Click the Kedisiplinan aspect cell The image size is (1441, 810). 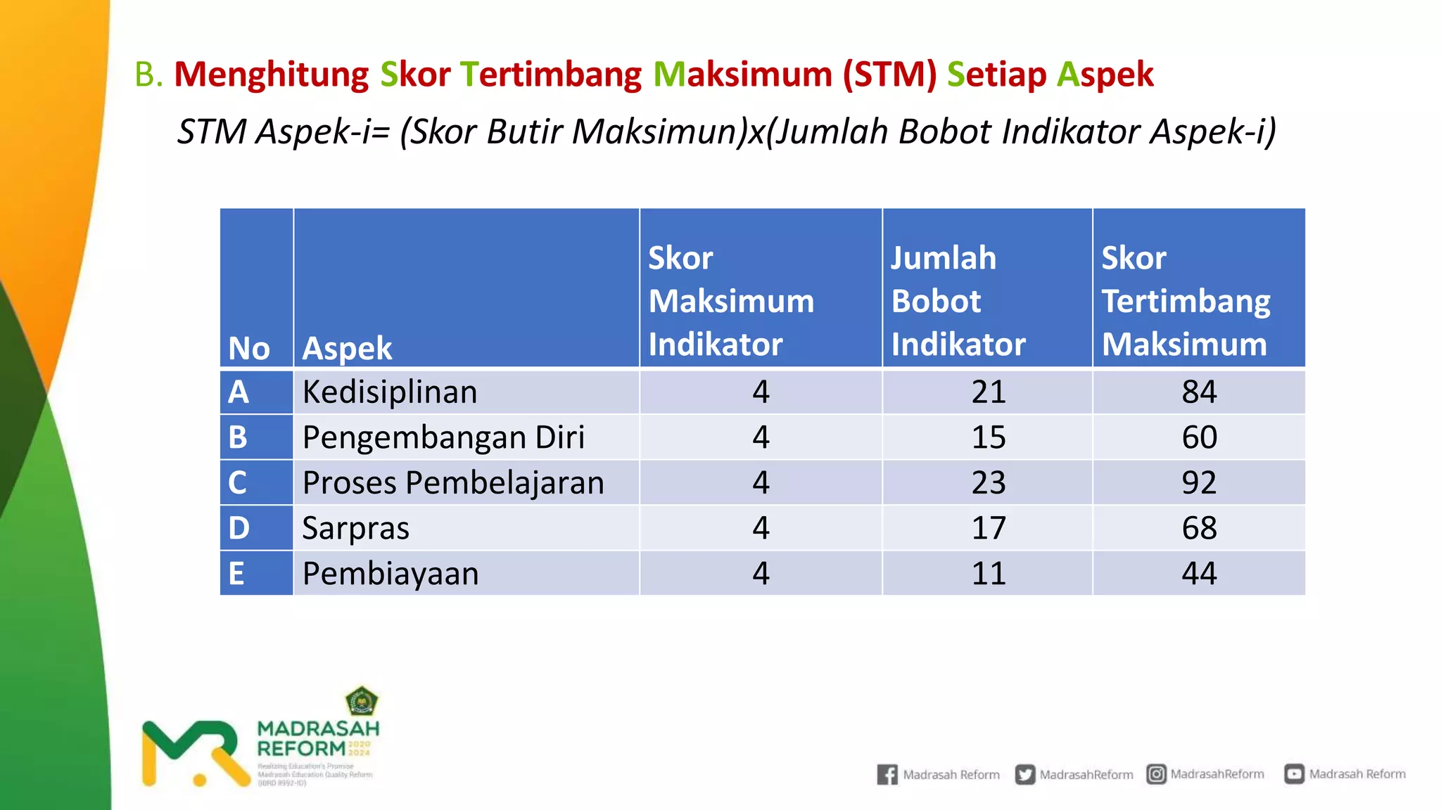click(x=390, y=392)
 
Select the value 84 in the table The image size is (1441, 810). click(x=1199, y=392)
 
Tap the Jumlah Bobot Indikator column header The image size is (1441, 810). click(x=958, y=301)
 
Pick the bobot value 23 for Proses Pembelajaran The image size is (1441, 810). click(x=989, y=483)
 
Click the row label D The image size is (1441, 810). click(x=239, y=528)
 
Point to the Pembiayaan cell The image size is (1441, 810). click(x=391, y=574)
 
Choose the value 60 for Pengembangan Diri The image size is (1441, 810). click(x=1199, y=437)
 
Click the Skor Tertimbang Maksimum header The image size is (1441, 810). click(x=1186, y=301)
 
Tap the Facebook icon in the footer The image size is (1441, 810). click(x=887, y=774)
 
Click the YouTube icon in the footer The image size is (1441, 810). click(x=1294, y=774)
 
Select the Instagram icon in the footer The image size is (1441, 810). click(x=1156, y=774)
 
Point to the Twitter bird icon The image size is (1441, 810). click(x=1025, y=774)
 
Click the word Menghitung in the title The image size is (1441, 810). click(x=272, y=75)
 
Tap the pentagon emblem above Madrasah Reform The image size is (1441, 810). click(x=362, y=701)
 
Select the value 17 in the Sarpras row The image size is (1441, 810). click(x=989, y=528)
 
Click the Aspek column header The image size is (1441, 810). click(x=347, y=349)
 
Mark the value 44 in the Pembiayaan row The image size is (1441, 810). click(x=1199, y=574)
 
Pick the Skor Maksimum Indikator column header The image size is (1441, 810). click(x=731, y=301)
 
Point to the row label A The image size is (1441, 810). click(x=239, y=392)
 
